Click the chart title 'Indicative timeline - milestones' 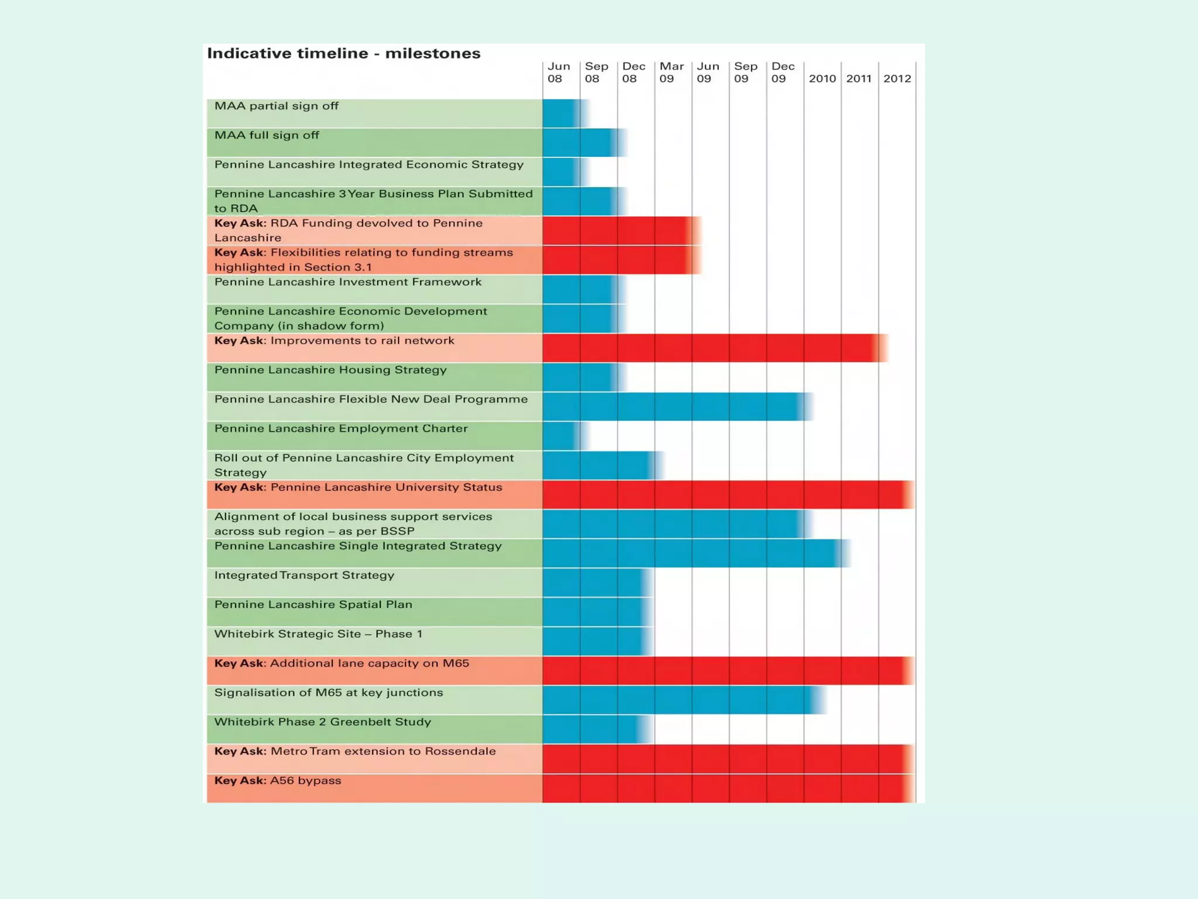(343, 53)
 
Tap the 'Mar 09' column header (672, 73)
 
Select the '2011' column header (859, 78)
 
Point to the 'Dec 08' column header (634, 73)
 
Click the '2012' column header (897, 78)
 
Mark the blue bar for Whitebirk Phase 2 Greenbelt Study (594, 729)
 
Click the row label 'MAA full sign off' (267, 136)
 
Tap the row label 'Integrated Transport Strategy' (304, 575)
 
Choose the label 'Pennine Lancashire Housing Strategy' (330, 370)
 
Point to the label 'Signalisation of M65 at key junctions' (328, 693)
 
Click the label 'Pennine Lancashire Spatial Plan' (313, 605)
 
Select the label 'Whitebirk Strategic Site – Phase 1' (318, 634)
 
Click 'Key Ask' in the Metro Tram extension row (240, 752)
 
